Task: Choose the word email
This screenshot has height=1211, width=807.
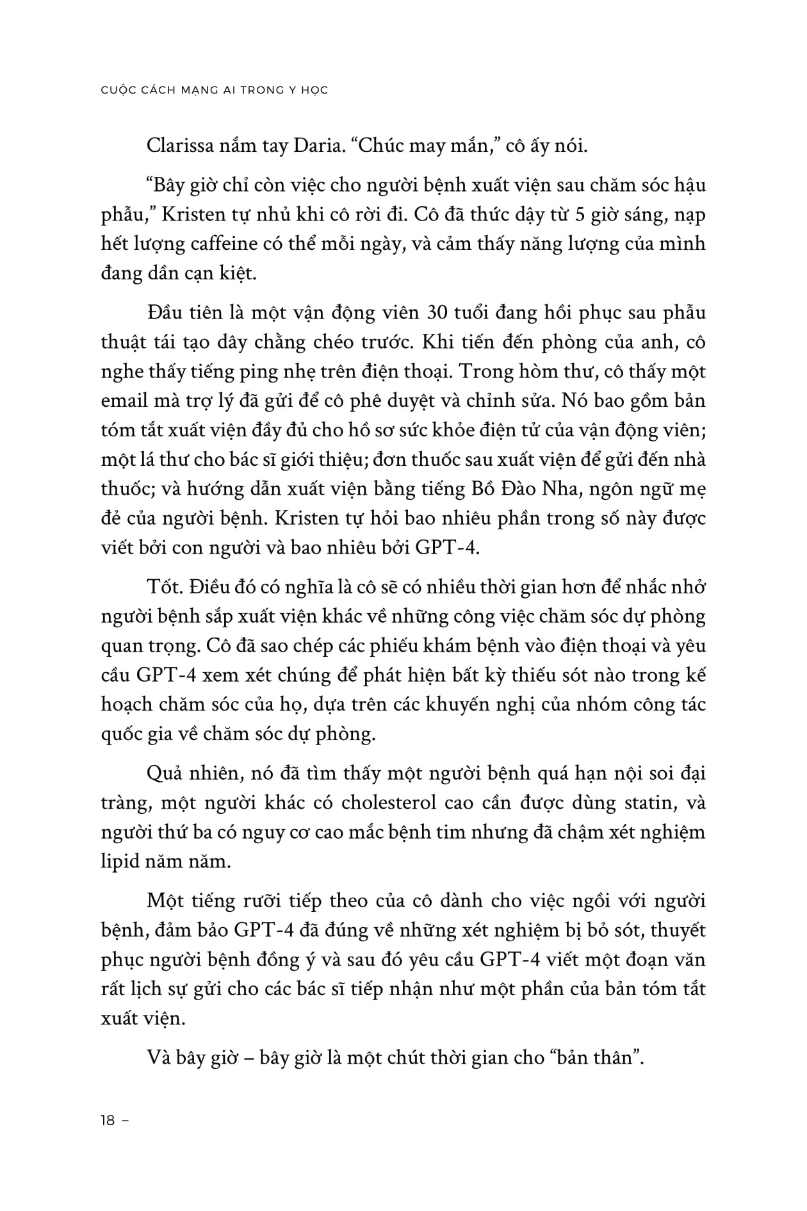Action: coord(124,401)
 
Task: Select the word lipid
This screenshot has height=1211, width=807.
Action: coord(120,861)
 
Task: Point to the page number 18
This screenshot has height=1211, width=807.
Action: coord(108,1121)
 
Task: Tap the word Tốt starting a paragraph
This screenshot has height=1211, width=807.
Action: coord(163,587)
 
